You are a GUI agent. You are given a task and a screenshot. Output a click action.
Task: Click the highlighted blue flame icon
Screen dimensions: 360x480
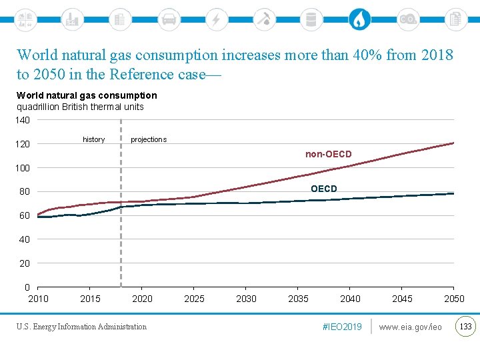tap(359, 19)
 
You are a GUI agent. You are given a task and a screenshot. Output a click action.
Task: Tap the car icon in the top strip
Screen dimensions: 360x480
tap(169, 19)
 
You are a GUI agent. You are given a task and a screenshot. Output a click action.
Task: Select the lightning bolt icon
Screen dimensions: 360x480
tap(216, 19)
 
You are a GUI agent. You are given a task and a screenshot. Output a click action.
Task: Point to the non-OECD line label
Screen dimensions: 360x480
tap(328, 155)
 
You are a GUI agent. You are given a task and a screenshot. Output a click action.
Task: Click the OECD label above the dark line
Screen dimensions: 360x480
tap(323, 189)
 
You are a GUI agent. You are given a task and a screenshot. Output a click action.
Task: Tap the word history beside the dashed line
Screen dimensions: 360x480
tap(93, 139)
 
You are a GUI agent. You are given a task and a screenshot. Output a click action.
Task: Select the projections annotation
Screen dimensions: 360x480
tap(149, 139)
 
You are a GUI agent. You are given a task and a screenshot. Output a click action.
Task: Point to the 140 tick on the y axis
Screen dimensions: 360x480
tap(23, 120)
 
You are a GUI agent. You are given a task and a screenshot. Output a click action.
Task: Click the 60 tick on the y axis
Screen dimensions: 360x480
tap(24, 215)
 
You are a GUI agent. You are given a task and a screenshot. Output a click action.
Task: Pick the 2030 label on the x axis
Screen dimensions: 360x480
tap(246, 299)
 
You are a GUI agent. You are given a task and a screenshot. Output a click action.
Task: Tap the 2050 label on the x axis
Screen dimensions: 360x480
tap(454, 299)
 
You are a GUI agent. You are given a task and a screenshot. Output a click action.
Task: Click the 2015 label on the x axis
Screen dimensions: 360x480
tap(90, 299)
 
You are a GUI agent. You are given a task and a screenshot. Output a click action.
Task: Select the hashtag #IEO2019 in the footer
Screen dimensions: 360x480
tap(342, 327)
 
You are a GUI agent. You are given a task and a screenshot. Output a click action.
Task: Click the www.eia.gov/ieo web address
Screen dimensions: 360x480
tap(410, 327)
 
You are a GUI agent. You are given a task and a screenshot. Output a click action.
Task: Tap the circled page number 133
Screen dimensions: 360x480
tap(465, 326)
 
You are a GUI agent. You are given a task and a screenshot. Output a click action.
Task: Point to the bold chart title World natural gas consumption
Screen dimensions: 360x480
tap(87, 96)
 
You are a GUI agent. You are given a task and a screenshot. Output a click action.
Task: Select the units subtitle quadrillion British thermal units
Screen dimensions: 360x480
tap(80, 107)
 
